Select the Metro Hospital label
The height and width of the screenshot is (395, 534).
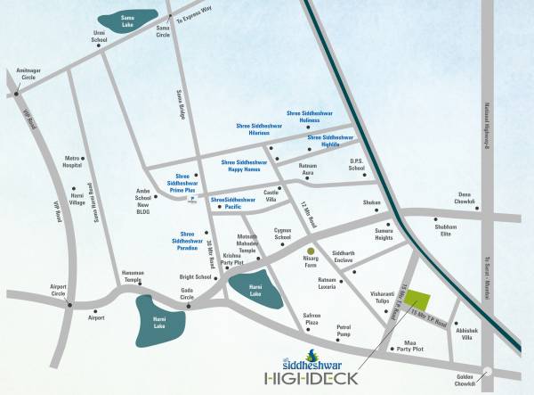[73, 162]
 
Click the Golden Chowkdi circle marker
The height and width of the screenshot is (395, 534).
[485, 374]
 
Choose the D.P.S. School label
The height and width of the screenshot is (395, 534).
[358, 165]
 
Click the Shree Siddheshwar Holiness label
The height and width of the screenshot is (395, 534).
[306, 116]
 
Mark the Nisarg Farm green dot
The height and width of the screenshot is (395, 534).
[310, 250]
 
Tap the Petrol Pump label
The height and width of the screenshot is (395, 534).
[344, 331]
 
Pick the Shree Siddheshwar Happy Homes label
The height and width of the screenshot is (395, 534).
[246, 165]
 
